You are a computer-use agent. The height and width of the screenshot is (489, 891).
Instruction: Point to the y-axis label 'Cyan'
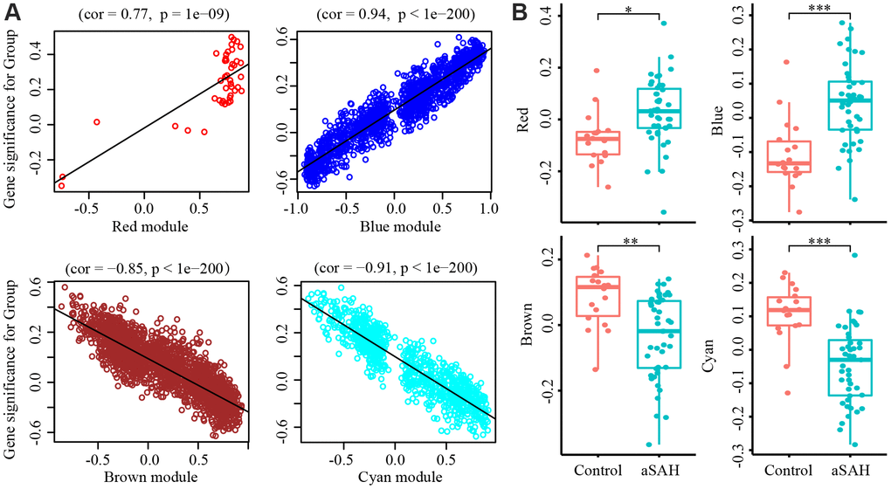tap(722, 349)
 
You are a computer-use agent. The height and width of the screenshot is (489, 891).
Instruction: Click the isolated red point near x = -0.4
tap(96, 121)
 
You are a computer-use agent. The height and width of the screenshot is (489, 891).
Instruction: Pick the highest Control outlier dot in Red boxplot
tap(597, 71)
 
